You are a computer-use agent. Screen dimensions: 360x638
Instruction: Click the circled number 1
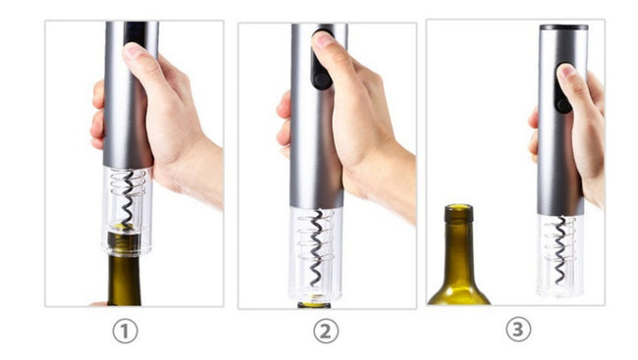click(x=125, y=332)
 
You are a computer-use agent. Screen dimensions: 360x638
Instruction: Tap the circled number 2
click(x=326, y=332)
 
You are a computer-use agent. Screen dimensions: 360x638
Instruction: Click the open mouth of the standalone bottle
click(x=458, y=207)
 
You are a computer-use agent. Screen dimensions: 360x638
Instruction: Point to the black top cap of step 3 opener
click(x=563, y=27)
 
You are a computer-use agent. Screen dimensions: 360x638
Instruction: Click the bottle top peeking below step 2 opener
click(x=315, y=304)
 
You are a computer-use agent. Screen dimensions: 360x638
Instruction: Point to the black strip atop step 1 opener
click(x=133, y=32)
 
